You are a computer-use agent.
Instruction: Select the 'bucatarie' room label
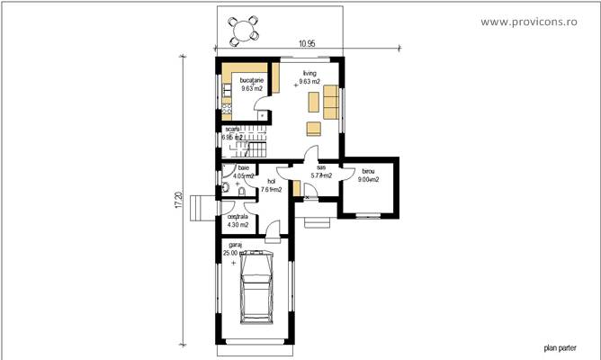point(252,80)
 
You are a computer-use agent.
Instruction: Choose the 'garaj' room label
point(235,244)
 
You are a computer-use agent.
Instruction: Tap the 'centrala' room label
point(237,217)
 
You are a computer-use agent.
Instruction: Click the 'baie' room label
point(243,168)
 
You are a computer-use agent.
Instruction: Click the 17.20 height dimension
point(177,199)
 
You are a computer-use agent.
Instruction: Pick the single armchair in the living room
point(312,125)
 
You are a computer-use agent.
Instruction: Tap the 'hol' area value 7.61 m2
point(271,190)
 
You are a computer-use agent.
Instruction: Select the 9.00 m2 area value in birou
point(369,180)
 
